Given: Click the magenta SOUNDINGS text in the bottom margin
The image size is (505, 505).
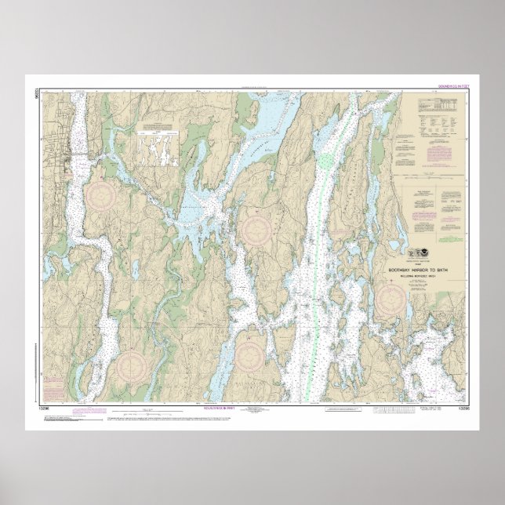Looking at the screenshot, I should coord(242,409).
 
